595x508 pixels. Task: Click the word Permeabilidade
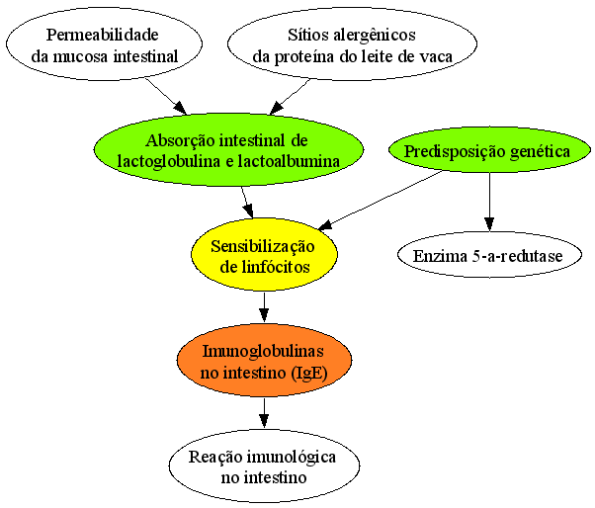point(103,35)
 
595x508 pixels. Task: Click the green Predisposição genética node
point(489,150)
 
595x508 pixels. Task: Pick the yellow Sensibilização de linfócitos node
point(264,254)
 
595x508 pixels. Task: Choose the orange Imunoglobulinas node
point(264,360)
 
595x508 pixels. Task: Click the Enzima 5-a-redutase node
point(489,255)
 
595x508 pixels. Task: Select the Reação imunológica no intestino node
point(264,466)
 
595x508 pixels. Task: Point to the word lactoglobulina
point(169,162)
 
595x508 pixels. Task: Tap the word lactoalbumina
point(289,161)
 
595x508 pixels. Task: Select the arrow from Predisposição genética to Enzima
point(489,202)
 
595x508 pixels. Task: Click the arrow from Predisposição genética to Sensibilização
point(381,201)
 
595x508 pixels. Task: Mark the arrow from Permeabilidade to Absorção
point(166,96)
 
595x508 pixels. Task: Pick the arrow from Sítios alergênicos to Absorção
point(290,97)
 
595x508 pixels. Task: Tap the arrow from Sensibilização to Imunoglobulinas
point(264,307)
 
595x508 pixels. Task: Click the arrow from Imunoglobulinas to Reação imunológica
point(264,413)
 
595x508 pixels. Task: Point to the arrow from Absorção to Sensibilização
point(247,202)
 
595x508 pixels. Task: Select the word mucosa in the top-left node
point(80,57)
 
